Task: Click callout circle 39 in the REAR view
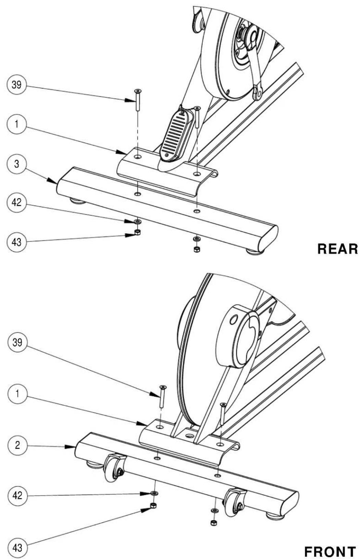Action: (16, 85)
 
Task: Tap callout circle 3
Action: (16, 164)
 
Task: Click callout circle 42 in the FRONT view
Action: (17, 495)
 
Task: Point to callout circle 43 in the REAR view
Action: (16, 242)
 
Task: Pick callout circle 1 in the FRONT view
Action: (17, 394)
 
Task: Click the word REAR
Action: (337, 249)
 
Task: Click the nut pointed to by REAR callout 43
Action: (137, 232)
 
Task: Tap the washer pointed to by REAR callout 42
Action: (137, 221)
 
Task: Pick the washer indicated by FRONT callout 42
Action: (154, 493)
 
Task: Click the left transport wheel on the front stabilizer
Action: (113, 468)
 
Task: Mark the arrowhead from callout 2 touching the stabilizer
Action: (70, 446)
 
